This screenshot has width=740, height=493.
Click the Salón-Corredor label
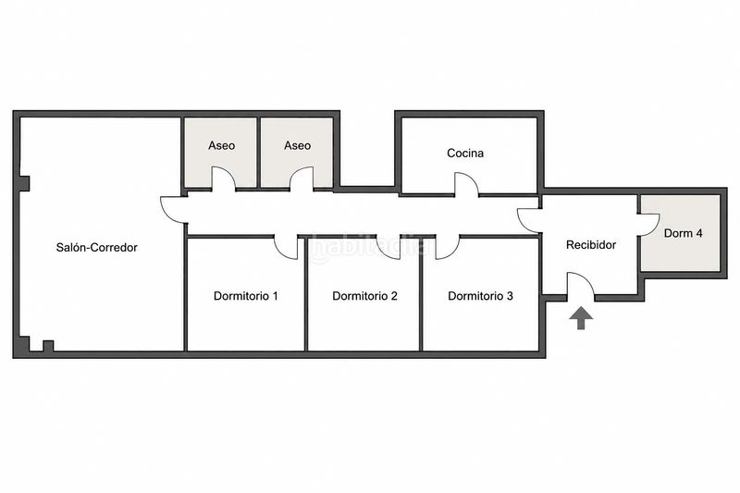[97, 247]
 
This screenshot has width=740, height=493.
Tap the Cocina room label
[465, 153]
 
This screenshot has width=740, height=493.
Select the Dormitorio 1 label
[246, 296]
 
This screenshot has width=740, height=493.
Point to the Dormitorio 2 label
[364, 296]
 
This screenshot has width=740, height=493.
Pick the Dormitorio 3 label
[480, 296]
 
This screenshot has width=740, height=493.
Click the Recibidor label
[591, 245]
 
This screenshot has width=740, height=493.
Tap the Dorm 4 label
[683, 233]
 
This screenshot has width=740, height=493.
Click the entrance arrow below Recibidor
[581, 318]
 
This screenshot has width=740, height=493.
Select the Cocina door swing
[466, 184]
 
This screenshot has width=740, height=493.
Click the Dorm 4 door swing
[649, 225]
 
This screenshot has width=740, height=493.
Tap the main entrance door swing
[580, 285]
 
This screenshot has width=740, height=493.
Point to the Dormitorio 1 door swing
[286, 247]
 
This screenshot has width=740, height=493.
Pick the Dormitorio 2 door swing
[388, 247]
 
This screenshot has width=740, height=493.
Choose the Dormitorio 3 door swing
[447, 247]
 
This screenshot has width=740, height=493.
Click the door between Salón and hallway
[173, 210]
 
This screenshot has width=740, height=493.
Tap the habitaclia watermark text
[363, 248]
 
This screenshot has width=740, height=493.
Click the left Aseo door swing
[223, 179]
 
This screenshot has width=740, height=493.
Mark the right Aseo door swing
[302, 179]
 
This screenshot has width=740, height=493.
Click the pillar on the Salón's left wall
[24, 183]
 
